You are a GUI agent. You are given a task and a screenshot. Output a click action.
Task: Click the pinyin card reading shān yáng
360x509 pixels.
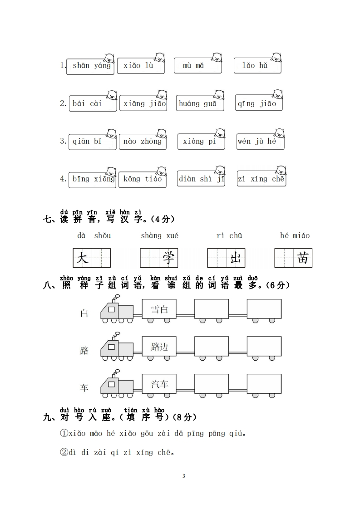[x=90, y=66]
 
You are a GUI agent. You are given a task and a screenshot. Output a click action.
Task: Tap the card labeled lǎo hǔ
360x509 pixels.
[x=257, y=66]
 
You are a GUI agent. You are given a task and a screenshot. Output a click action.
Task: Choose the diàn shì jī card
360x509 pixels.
[x=201, y=179]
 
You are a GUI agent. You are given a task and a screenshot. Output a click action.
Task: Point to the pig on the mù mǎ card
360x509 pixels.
[x=215, y=58]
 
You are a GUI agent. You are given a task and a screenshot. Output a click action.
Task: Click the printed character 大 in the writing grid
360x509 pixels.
[x=83, y=258]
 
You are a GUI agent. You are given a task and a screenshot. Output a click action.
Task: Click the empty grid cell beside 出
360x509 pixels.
[x=217, y=258]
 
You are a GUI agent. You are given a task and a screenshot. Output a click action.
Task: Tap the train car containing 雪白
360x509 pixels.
[x=159, y=309]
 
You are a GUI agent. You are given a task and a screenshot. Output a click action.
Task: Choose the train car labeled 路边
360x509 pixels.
[x=159, y=347]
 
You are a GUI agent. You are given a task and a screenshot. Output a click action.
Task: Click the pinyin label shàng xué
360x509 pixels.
[x=159, y=236]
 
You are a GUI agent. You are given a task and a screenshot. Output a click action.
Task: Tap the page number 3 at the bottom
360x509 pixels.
[x=183, y=476]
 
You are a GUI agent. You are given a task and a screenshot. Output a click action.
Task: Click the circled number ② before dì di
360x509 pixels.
[x=64, y=452]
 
